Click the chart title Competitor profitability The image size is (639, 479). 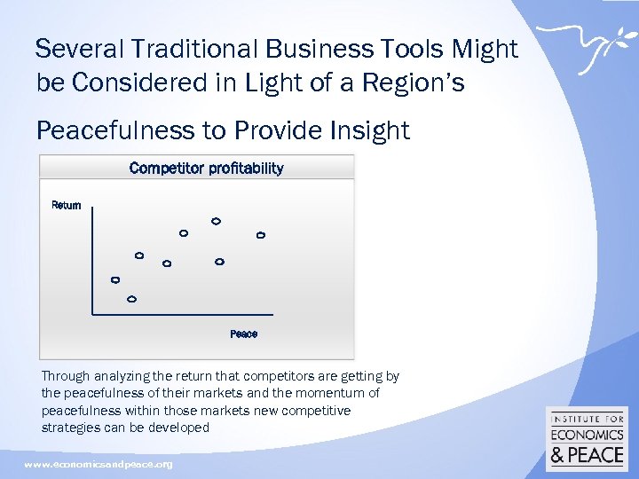click(x=206, y=169)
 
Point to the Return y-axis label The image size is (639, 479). click(x=67, y=206)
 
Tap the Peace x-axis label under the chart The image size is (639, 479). click(x=243, y=334)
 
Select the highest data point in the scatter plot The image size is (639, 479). click(x=216, y=221)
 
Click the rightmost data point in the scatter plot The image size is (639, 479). click(x=261, y=235)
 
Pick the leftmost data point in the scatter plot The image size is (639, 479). click(x=114, y=280)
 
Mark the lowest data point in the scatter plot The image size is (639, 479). click(x=132, y=300)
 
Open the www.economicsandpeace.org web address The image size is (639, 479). click(x=99, y=465)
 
